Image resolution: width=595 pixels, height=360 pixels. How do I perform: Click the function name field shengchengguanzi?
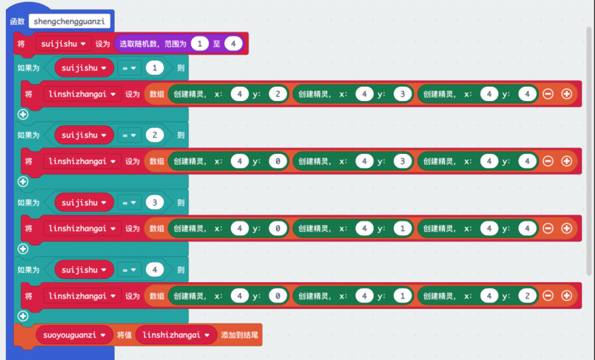[x=70, y=21]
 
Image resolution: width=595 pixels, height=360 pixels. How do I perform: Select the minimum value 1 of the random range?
[x=200, y=44]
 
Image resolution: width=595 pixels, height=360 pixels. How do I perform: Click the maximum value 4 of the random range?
[x=233, y=44]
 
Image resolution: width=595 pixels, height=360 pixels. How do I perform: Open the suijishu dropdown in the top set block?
[x=64, y=44]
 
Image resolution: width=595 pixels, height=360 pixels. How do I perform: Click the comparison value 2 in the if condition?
[x=155, y=135]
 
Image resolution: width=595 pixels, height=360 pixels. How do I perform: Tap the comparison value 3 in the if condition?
[x=155, y=202]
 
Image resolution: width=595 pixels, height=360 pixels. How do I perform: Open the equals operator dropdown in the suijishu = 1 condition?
[x=130, y=68]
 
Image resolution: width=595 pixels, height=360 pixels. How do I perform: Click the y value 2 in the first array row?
[x=278, y=94]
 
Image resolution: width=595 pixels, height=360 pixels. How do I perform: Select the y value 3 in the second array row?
[x=402, y=161]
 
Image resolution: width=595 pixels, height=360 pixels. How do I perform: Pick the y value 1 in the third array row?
[x=402, y=229]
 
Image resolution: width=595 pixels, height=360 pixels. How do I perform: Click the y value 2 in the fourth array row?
[x=527, y=296]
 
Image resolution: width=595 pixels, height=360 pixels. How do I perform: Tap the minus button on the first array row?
[x=548, y=94]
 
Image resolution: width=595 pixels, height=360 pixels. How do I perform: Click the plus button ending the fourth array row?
[x=567, y=296]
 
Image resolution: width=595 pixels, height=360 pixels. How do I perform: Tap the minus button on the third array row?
[x=548, y=229]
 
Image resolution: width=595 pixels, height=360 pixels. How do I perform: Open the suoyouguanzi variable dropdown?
[x=73, y=335]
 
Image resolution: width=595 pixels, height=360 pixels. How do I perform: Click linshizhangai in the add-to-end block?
[x=176, y=335]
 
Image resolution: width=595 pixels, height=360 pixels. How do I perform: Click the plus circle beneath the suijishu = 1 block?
[x=23, y=114]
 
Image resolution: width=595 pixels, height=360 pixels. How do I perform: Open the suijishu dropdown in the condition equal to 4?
[x=84, y=270]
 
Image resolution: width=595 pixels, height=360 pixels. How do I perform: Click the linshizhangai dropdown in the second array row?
[x=82, y=161]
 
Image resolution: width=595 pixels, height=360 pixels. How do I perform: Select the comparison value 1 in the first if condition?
[x=155, y=68]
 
